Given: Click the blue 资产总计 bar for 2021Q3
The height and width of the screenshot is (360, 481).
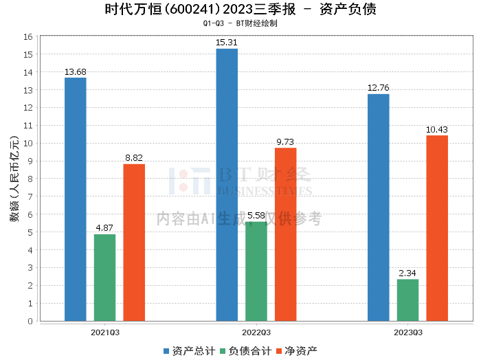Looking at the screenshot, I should [76, 199].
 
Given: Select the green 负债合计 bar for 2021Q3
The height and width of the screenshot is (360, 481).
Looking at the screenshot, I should [105, 278].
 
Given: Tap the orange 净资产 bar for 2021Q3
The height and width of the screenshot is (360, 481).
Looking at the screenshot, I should [134, 243].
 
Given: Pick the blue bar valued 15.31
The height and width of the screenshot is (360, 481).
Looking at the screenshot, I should [227, 185].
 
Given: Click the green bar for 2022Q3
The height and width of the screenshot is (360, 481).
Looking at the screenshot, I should [256, 271].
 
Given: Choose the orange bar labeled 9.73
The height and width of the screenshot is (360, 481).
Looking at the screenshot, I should [285, 234].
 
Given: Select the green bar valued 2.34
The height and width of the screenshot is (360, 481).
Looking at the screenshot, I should [407, 300].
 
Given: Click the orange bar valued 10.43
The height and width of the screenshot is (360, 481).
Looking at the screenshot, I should [437, 228].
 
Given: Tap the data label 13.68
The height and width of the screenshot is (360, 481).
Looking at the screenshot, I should [76, 71].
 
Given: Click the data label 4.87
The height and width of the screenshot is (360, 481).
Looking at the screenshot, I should [105, 228].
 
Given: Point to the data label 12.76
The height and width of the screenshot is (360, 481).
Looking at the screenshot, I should [379, 88].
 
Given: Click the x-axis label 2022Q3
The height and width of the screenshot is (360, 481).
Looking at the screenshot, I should [256, 332].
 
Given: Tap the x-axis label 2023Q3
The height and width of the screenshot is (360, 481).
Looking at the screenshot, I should [407, 332].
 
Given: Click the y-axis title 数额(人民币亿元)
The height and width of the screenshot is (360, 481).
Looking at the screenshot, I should [13, 179].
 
